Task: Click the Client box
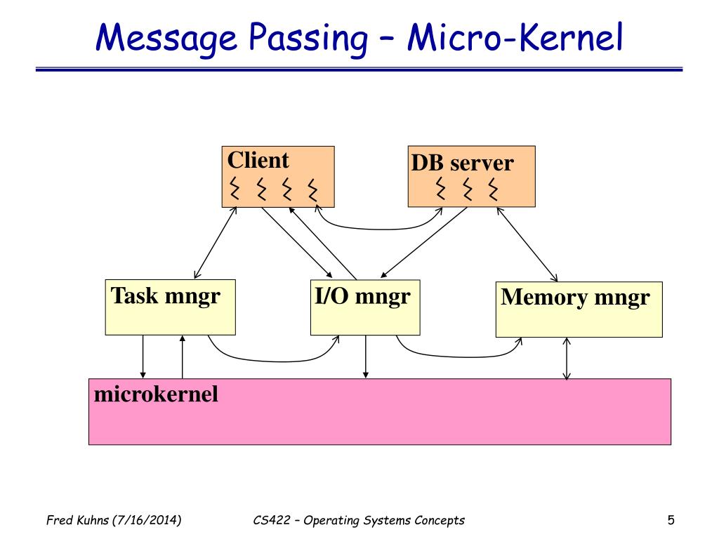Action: tap(278, 176)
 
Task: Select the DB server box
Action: tap(471, 176)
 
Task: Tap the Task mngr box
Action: tap(170, 307)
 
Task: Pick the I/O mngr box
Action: tap(365, 307)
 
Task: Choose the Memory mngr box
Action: tap(579, 310)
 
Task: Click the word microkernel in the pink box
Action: tap(156, 394)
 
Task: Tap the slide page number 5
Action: tap(671, 520)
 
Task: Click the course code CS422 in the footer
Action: tap(272, 520)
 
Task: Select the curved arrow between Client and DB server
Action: tap(378, 228)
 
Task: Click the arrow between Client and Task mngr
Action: tap(215, 242)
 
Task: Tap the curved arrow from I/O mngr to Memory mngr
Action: tap(459, 356)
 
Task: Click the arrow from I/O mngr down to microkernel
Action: tap(365, 357)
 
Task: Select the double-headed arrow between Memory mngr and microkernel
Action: tap(567, 359)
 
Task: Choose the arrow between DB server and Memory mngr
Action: tap(527, 244)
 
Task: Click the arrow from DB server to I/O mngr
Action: tap(423, 242)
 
